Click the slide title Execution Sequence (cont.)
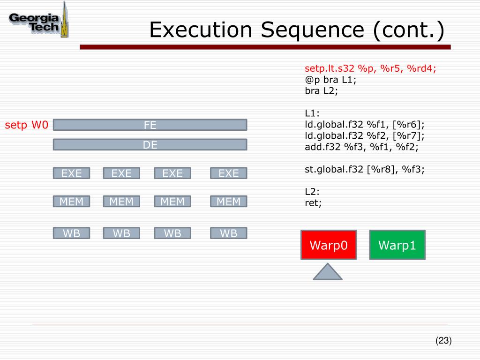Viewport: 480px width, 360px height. [296, 30]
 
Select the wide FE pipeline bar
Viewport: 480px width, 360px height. [150, 125]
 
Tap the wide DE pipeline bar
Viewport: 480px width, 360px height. [150, 145]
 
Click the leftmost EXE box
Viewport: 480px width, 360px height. [71, 173]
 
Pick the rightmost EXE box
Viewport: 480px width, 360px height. [228, 173]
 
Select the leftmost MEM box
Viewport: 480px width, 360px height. [71, 202]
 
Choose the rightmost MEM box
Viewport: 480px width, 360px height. [228, 202]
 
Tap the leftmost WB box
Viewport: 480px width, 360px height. [71, 233]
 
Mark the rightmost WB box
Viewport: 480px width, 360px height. [228, 233]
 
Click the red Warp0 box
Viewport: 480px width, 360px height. [328, 245]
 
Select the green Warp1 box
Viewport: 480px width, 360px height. [397, 245]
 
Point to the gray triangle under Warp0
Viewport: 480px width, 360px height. [327, 273]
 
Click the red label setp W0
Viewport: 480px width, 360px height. [27, 125]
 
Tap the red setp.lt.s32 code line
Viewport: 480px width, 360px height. [370, 69]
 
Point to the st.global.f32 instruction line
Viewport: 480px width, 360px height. [365, 169]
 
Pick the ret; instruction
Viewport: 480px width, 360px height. [313, 203]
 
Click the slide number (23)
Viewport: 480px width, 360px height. [443, 341]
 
